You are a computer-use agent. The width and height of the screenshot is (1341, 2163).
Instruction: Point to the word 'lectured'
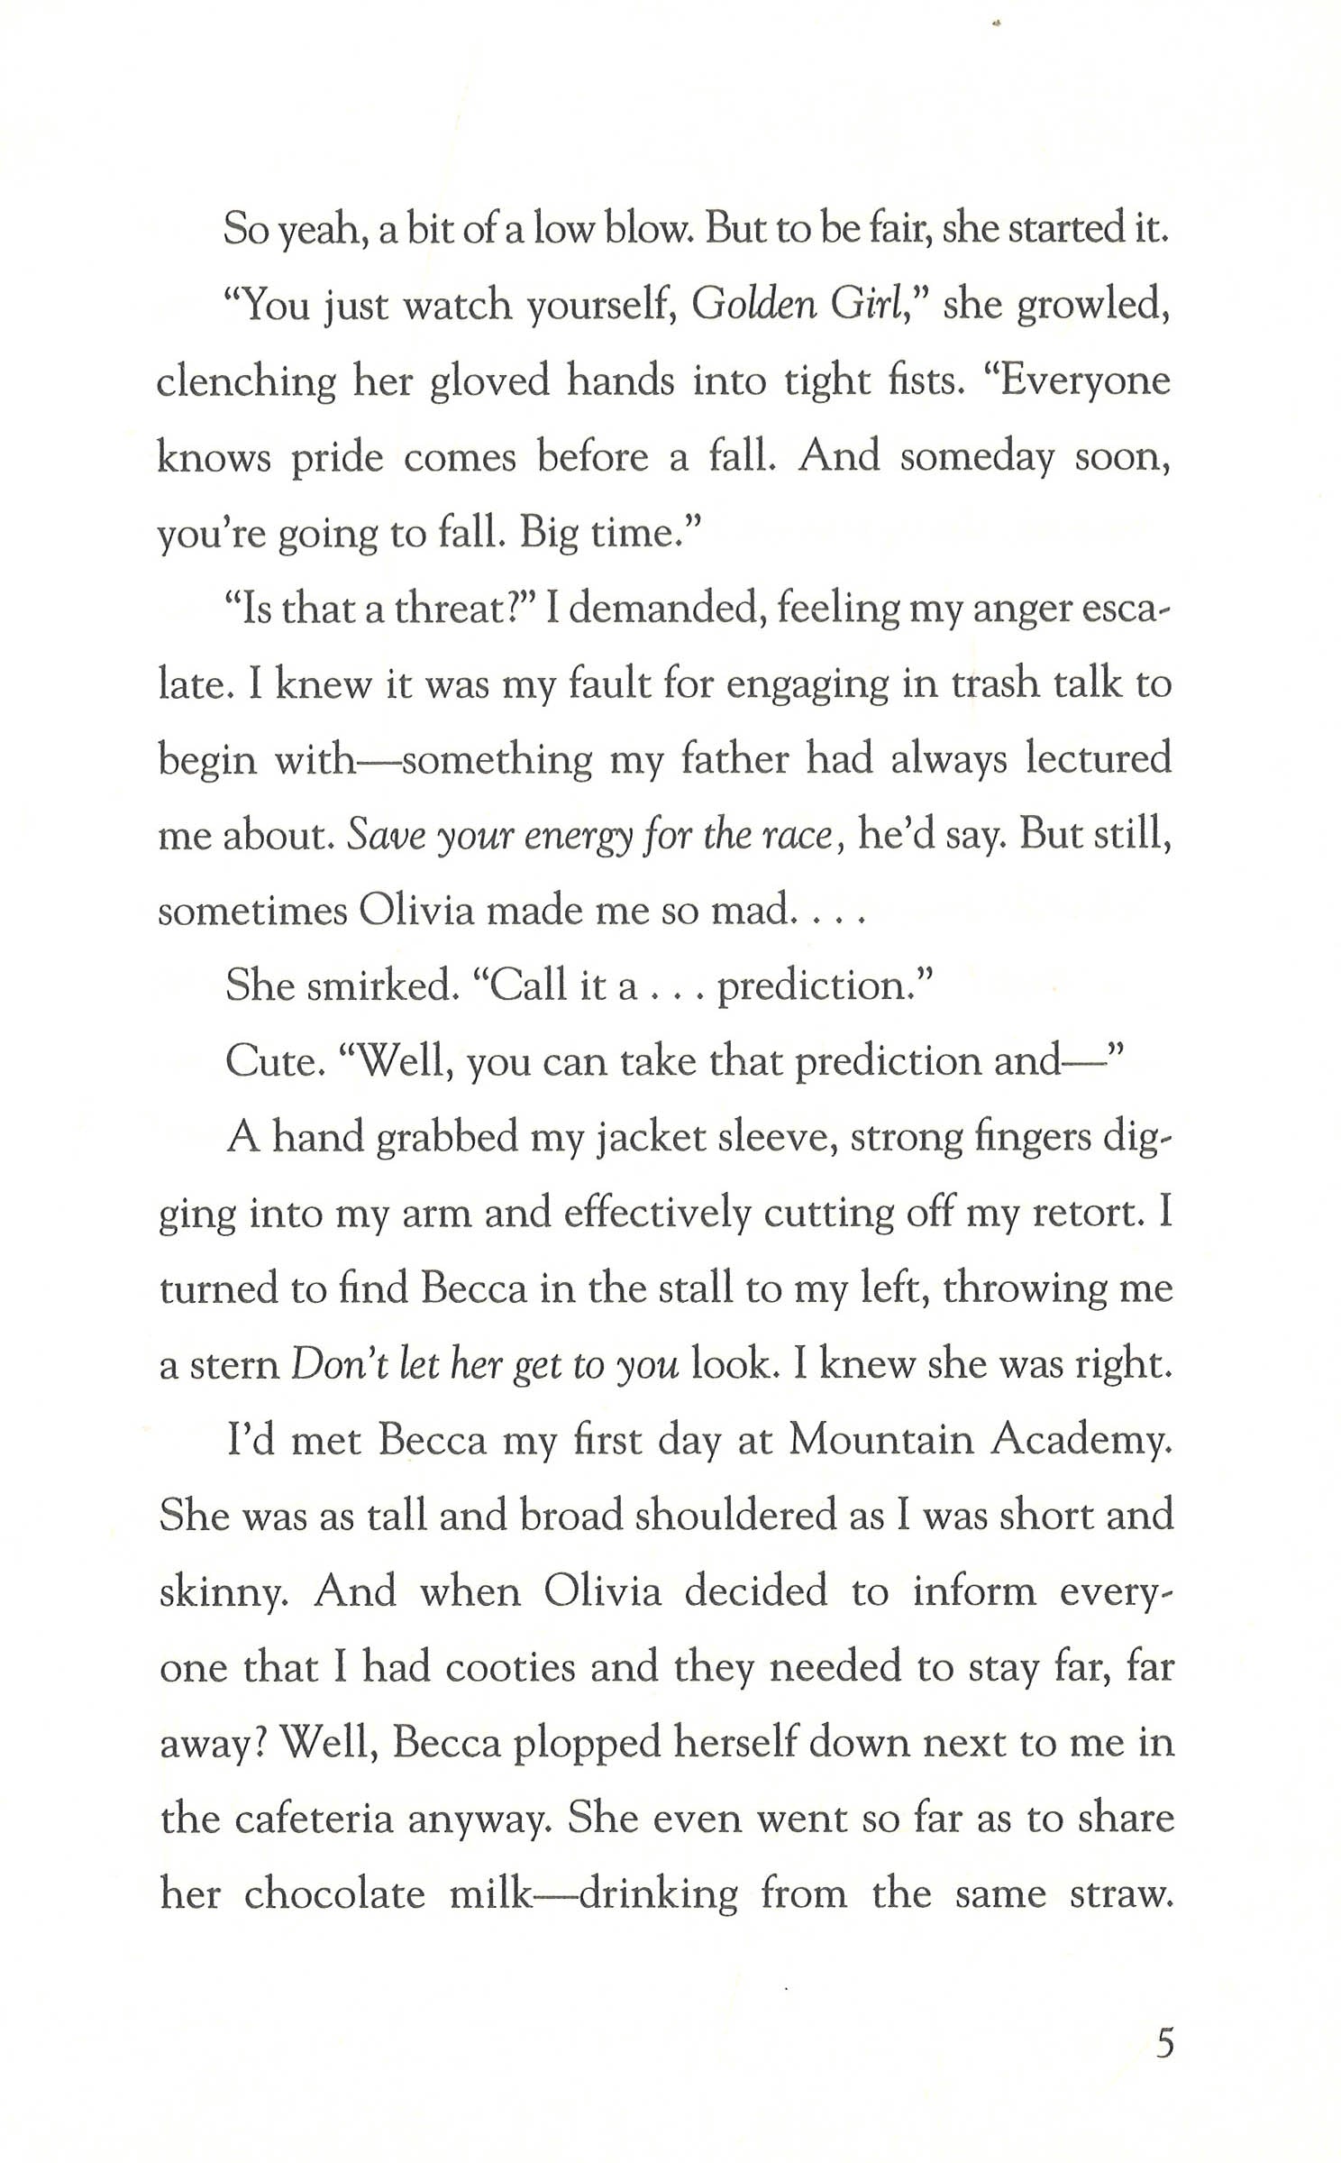(1099, 760)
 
